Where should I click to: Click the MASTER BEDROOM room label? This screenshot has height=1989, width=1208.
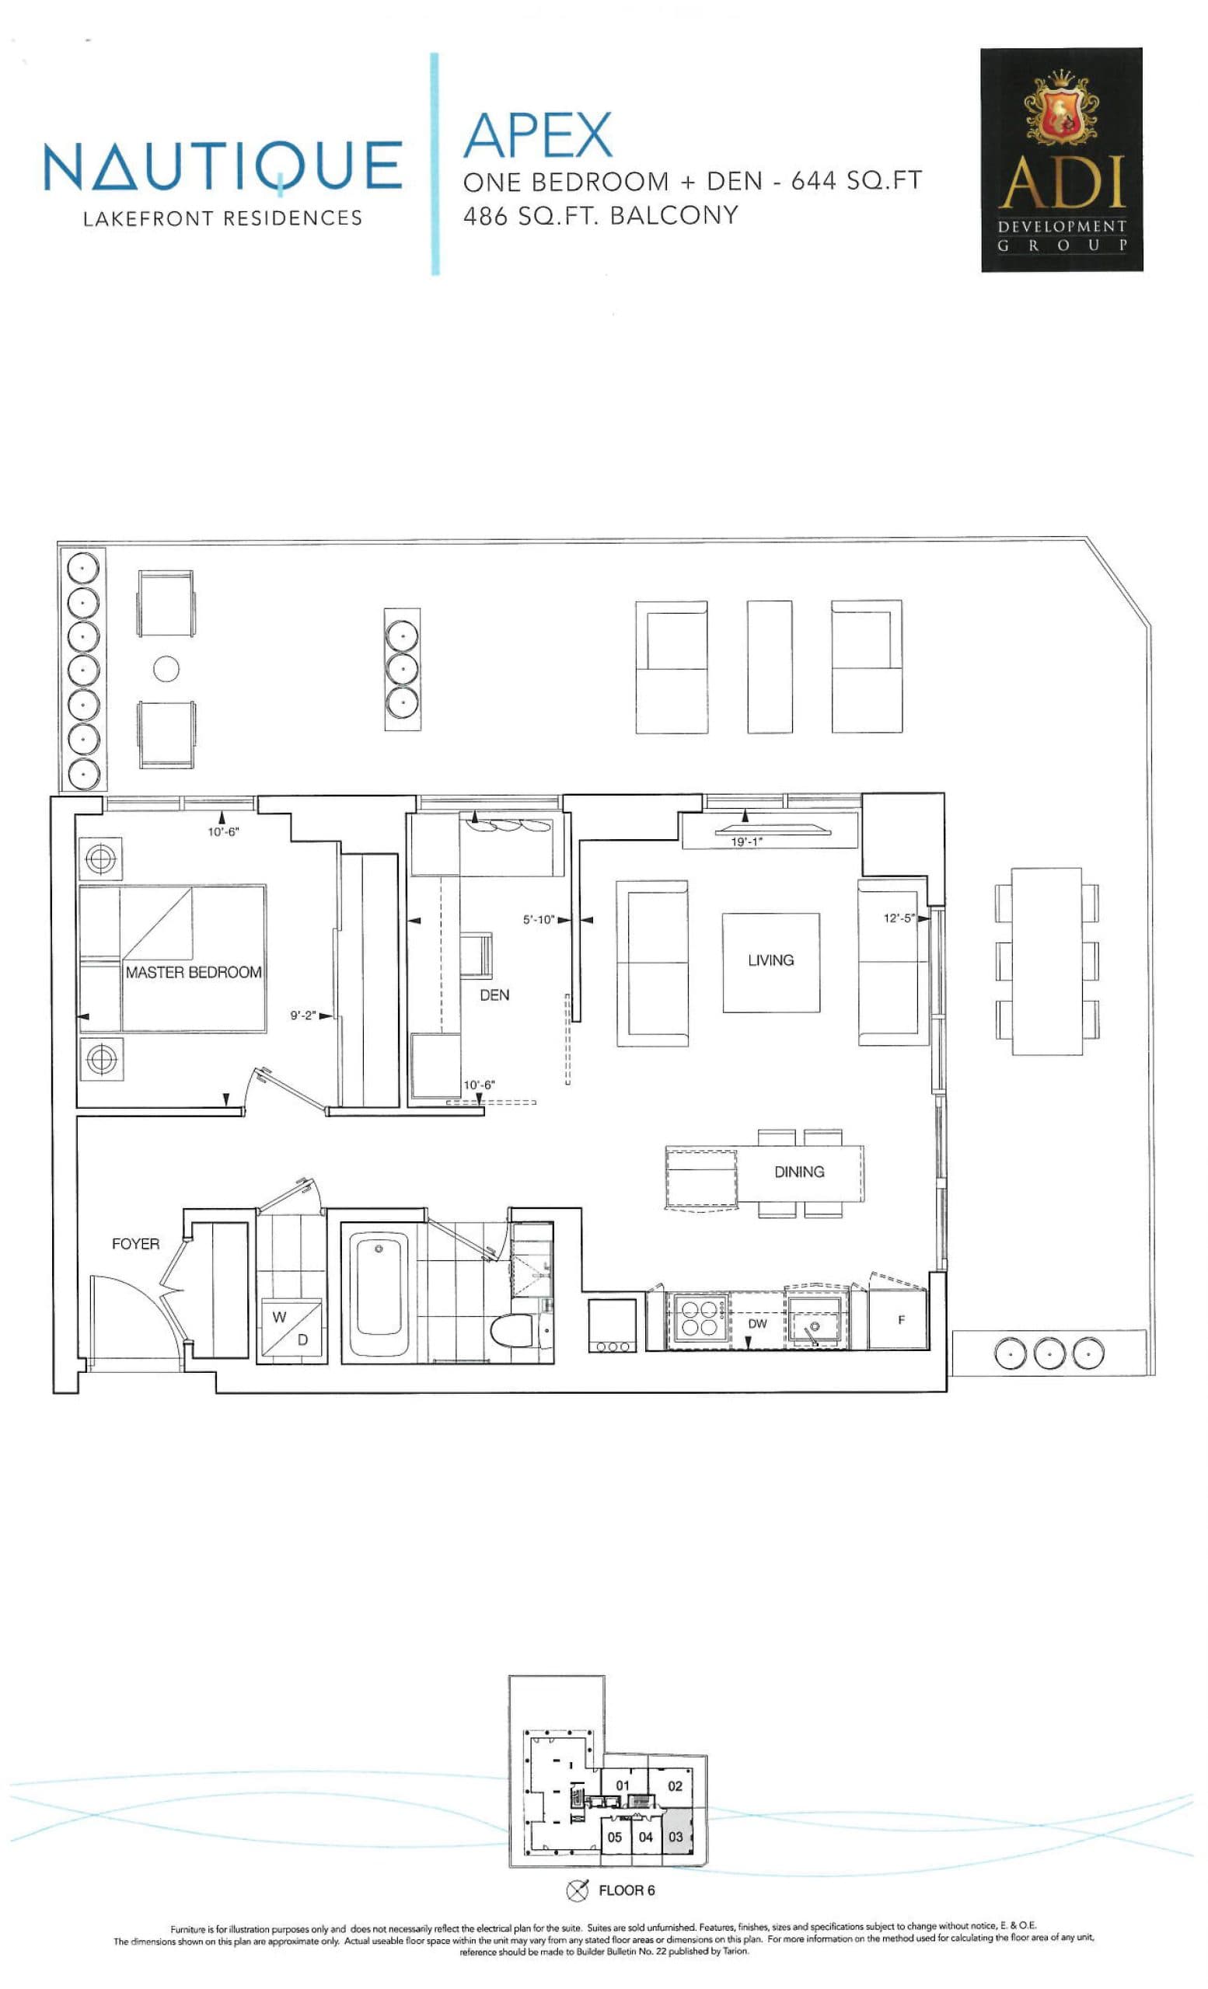pyautogui.click(x=193, y=972)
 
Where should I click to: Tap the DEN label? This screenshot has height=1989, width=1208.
pyautogui.click(x=494, y=994)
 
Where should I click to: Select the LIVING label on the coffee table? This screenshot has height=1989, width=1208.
pyautogui.click(x=770, y=960)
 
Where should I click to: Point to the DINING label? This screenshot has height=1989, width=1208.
pyautogui.click(x=798, y=1172)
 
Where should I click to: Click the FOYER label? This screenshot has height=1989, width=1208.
pyautogui.click(x=136, y=1243)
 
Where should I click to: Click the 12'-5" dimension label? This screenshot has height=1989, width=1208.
pyautogui.click(x=899, y=918)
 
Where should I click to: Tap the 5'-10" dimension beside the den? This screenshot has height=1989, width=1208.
pyautogui.click(x=539, y=919)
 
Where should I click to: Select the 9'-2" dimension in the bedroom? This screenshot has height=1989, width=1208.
pyautogui.click(x=303, y=1015)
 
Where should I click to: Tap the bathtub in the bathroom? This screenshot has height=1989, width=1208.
pyautogui.click(x=379, y=1294)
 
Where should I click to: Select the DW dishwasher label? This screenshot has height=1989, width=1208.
pyautogui.click(x=756, y=1324)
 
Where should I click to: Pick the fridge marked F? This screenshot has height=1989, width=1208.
pyautogui.click(x=900, y=1320)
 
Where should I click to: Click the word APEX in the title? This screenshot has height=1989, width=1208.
pyautogui.click(x=538, y=135)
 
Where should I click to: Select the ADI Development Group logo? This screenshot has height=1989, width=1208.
pyautogui.click(x=1060, y=159)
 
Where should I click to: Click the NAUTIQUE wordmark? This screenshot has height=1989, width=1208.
pyautogui.click(x=222, y=166)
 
